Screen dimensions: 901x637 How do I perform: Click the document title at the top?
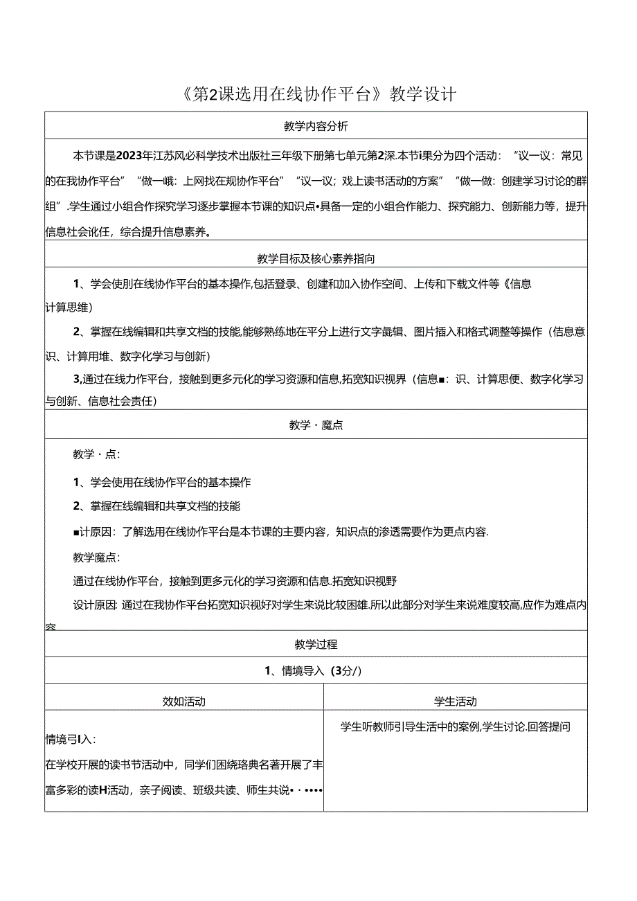[318, 94]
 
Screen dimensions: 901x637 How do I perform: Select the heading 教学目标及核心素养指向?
[316, 259]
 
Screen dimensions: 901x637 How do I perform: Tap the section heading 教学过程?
[316, 644]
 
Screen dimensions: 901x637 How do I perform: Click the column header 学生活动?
[455, 701]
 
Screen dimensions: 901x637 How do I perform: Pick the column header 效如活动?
[183, 701]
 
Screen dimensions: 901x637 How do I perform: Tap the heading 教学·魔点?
[316, 425]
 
